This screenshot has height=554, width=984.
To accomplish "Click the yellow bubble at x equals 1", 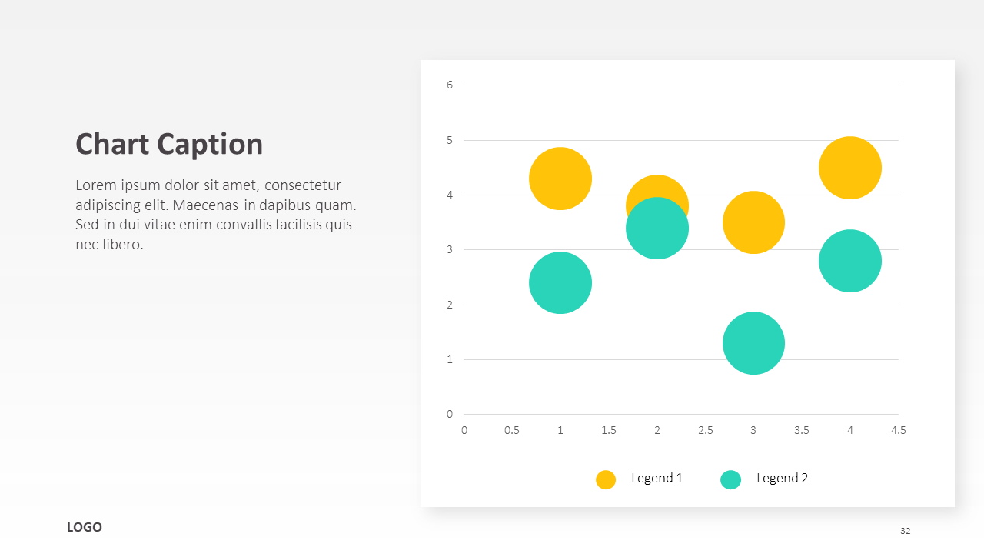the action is pos(560,179).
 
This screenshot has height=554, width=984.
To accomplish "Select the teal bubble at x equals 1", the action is pos(560,282).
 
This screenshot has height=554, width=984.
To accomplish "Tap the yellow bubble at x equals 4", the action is pos(850,168).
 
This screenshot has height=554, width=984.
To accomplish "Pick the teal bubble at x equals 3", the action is pos(753,343).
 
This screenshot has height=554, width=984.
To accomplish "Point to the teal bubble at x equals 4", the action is pos(850,261).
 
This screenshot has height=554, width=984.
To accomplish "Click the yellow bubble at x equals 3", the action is pos(753,222).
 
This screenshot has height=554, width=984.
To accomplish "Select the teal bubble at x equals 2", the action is pos(657,229).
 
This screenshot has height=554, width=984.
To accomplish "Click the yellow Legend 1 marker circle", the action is pos(605,479).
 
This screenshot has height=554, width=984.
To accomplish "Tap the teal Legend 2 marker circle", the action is pos(730,479).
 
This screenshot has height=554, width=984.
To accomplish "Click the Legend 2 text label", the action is pos(782,478).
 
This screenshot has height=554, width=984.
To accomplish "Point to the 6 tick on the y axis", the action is pos(450,85).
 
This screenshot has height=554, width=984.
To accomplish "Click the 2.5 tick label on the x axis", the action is pos(706,430).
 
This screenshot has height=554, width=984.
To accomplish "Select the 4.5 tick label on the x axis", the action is pos(899,430).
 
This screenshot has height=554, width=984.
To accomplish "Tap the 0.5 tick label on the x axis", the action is pos(512,430).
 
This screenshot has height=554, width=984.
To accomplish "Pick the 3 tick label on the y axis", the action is pos(450,250).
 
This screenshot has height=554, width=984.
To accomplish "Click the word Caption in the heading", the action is pos(210,145).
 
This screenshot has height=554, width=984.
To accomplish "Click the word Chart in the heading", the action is pos(112,144).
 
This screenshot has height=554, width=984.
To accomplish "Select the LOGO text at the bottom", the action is pos(85,527).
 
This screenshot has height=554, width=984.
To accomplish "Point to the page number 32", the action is pos(905,531).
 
